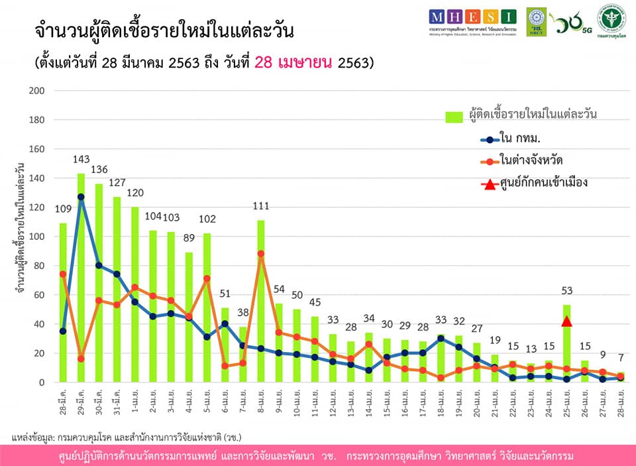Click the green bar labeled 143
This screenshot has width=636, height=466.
pos(81,278)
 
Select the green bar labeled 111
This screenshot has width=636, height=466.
pos(261,302)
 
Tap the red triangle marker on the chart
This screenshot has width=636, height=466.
pos(566,321)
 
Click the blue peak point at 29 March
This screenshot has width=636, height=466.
pos(81,197)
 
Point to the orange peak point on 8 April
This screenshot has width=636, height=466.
pos(261,253)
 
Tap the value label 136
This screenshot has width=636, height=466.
pos(99,168)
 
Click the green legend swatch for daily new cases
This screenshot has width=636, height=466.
pos(453,116)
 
